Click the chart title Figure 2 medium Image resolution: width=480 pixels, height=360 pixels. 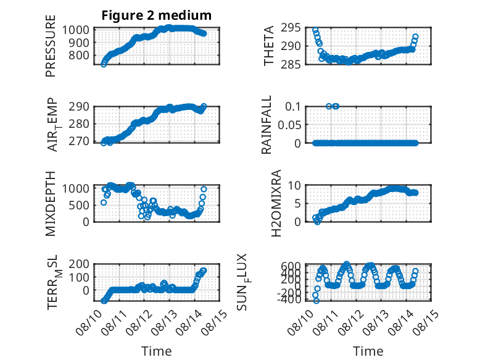[x=157, y=15]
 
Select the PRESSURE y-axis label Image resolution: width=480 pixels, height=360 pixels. [x=51, y=46]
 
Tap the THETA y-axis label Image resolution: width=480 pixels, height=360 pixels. [x=268, y=46]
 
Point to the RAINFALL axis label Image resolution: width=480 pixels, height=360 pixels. [x=266, y=124]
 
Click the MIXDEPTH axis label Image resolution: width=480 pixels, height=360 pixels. [x=51, y=203]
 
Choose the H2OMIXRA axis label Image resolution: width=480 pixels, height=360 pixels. [x=276, y=203]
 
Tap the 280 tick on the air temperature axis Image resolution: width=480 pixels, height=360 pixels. [x=79, y=124]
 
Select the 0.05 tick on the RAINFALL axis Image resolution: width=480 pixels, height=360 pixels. [x=289, y=125]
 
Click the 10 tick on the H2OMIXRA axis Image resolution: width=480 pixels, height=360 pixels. [x=294, y=185]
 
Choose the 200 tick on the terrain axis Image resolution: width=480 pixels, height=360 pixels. [x=79, y=264]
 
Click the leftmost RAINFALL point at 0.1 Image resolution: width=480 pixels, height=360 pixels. [x=329, y=106]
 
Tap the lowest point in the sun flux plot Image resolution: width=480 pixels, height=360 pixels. [x=317, y=301]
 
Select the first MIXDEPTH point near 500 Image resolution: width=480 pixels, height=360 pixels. [x=104, y=203]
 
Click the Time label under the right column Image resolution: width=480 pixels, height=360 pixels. [x=368, y=351]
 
